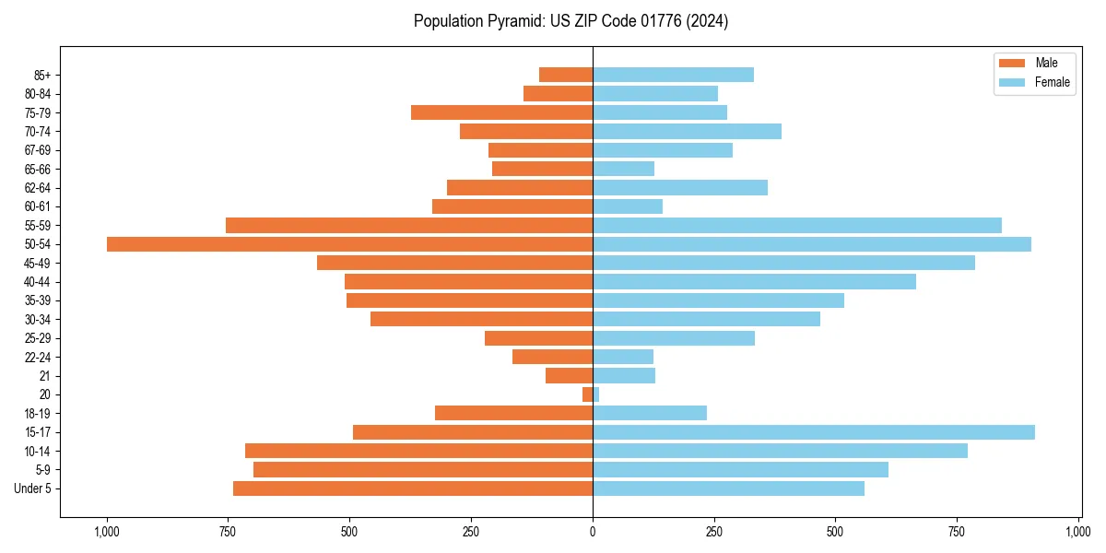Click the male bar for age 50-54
pos(349,244)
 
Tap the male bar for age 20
pos(587,394)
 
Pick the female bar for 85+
pos(673,75)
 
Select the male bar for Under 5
pos(413,488)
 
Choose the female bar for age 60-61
pos(628,206)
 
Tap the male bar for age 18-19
pos(513,413)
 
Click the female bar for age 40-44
pos(754,282)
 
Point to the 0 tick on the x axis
pos(593,532)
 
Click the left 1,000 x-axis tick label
pos(107,532)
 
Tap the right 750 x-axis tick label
pos(957,532)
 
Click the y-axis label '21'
pos(44,376)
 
